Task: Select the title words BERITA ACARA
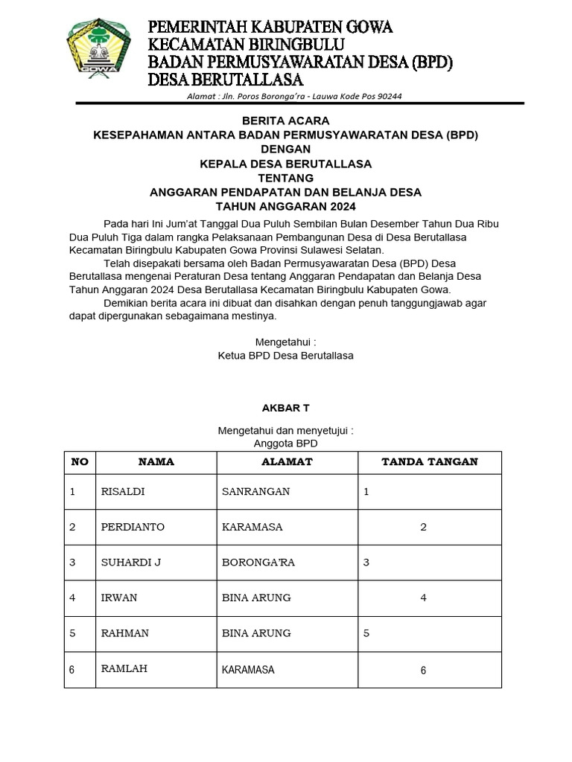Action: tap(285, 121)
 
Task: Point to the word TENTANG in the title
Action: tap(285, 178)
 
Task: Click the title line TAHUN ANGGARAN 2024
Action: tap(285, 206)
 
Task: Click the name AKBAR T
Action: tap(285, 408)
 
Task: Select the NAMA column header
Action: tap(156, 462)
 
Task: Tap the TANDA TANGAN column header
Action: tap(430, 462)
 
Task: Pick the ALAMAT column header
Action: tap(287, 462)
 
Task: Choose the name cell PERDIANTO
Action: tap(133, 527)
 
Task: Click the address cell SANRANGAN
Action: tap(255, 492)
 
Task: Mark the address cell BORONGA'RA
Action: tap(258, 563)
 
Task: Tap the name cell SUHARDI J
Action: tap(130, 563)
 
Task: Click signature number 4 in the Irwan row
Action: tap(423, 598)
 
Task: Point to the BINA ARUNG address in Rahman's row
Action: tap(256, 633)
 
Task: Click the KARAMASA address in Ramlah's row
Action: tap(248, 670)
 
